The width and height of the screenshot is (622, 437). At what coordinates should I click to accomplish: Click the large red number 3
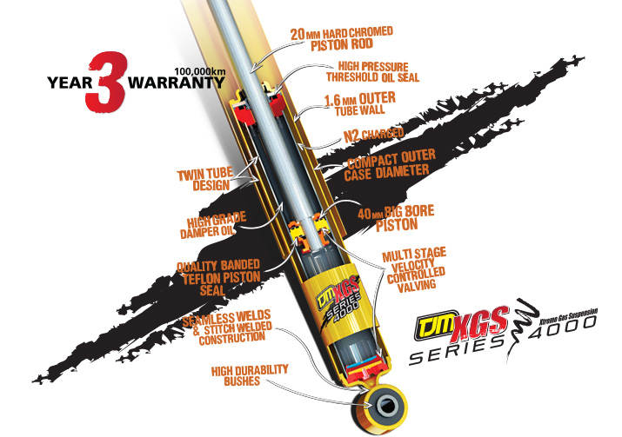(x=102, y=83)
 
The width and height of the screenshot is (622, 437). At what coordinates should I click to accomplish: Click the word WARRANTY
(x=176, y=85)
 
